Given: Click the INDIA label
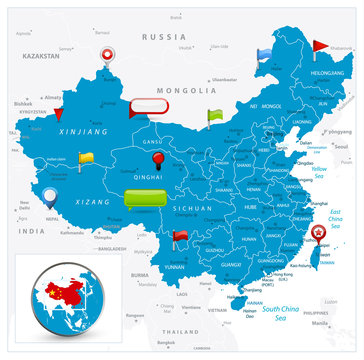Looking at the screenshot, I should [x=32, y=231].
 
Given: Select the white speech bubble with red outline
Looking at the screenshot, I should [x=151, y=106].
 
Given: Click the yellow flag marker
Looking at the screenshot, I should [x=85, y=157].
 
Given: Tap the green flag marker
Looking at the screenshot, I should [x=215, y=115].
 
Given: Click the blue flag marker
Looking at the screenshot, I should [x=264, y=54].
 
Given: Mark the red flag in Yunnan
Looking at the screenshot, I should [x=180, y=237].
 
